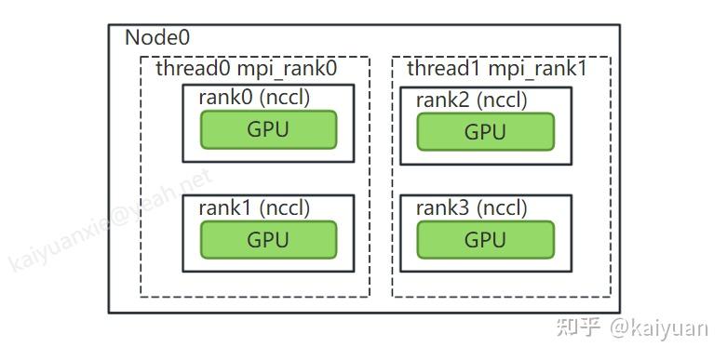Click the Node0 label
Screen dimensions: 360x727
coord(157,38)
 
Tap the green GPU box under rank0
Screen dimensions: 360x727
coord(268,130)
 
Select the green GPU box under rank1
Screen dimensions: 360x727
coord(268,240)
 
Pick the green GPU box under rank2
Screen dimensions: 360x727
coord(485,132)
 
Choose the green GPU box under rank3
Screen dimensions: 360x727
coord(485,240)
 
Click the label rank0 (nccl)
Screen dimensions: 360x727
coord(254,98)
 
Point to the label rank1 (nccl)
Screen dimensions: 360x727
coord(254,207)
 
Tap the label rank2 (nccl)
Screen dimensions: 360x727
coord(471,100)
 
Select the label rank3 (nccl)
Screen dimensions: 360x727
coord(471,208)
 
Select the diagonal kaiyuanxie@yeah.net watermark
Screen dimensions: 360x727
coord(110,220)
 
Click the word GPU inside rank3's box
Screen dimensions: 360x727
coord(485,240)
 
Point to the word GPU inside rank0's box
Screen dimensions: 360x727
coord(268,130)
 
